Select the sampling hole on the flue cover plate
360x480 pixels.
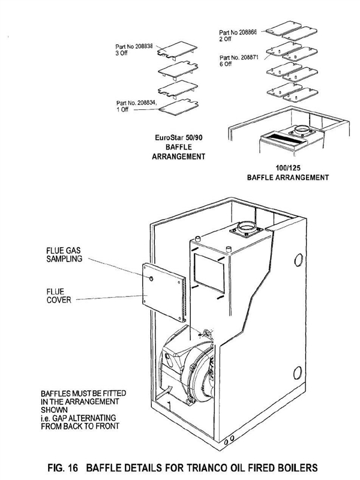click(154, 280)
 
